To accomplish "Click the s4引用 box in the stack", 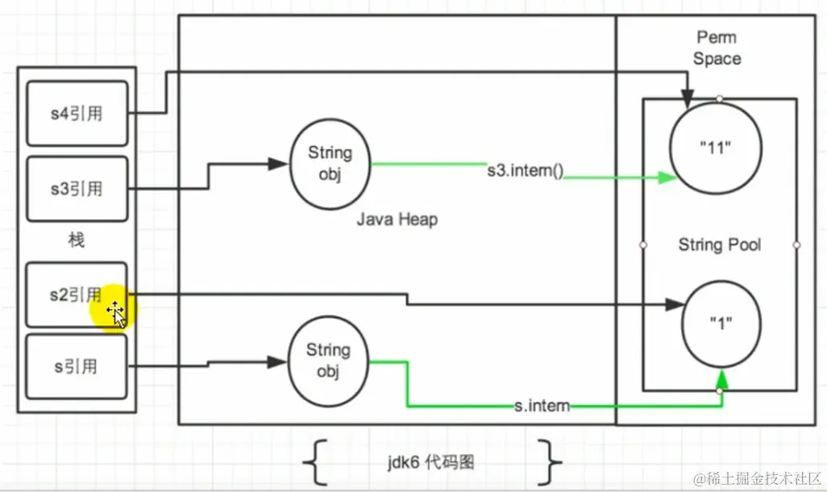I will pos(77,113).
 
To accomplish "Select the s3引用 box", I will pos(77,189).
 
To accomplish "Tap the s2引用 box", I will pos(77,295).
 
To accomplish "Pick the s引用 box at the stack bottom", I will pos(77,367).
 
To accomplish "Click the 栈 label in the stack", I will pos(76,240).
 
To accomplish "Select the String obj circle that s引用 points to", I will pos(328,361).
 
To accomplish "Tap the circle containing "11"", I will pos(716,146).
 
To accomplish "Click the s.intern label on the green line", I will pos(542,407).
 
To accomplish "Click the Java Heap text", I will pos(397,219).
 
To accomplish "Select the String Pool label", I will pos(719,244).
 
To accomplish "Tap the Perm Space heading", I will pos(717,48).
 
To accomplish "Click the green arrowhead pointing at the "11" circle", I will pos(665,177).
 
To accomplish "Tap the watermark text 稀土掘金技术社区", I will pos(761,476).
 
